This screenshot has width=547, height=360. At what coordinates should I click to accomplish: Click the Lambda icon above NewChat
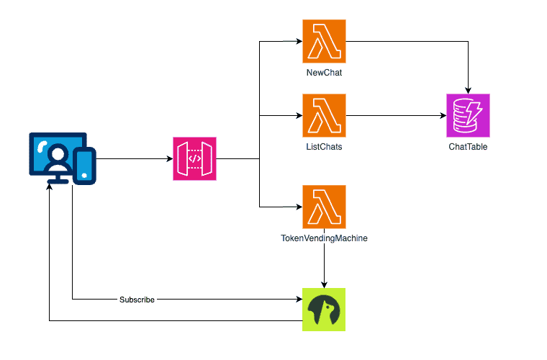point(324,41)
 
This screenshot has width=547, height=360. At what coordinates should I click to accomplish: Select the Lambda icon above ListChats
point(324,115)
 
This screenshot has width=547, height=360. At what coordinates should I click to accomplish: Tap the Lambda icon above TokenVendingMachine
point(324,207)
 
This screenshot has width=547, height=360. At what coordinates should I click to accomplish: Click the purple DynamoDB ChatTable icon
point(468,115)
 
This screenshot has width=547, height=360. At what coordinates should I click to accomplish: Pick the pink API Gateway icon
point(194,158)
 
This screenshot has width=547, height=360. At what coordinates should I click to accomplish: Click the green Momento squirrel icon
point(324,310)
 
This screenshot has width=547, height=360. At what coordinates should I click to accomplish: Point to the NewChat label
point(324,73)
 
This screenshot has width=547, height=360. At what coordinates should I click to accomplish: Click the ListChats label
point(324,147)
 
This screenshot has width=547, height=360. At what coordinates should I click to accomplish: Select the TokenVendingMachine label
point(324,238)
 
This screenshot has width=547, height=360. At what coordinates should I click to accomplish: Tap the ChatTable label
point(468,147)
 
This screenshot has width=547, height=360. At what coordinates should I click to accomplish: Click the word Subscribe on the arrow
point(137,299)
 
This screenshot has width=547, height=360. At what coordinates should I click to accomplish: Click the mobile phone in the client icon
point(85,164)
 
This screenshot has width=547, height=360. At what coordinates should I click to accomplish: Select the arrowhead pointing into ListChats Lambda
point(298,115)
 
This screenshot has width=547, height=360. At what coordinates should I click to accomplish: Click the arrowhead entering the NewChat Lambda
point(298,41)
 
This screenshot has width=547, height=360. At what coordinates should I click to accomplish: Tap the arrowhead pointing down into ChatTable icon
point(468,89)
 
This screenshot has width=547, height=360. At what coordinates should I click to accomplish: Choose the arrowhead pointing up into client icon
point(50,187)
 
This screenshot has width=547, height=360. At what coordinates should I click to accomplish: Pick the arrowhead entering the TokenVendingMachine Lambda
point(298,207)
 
